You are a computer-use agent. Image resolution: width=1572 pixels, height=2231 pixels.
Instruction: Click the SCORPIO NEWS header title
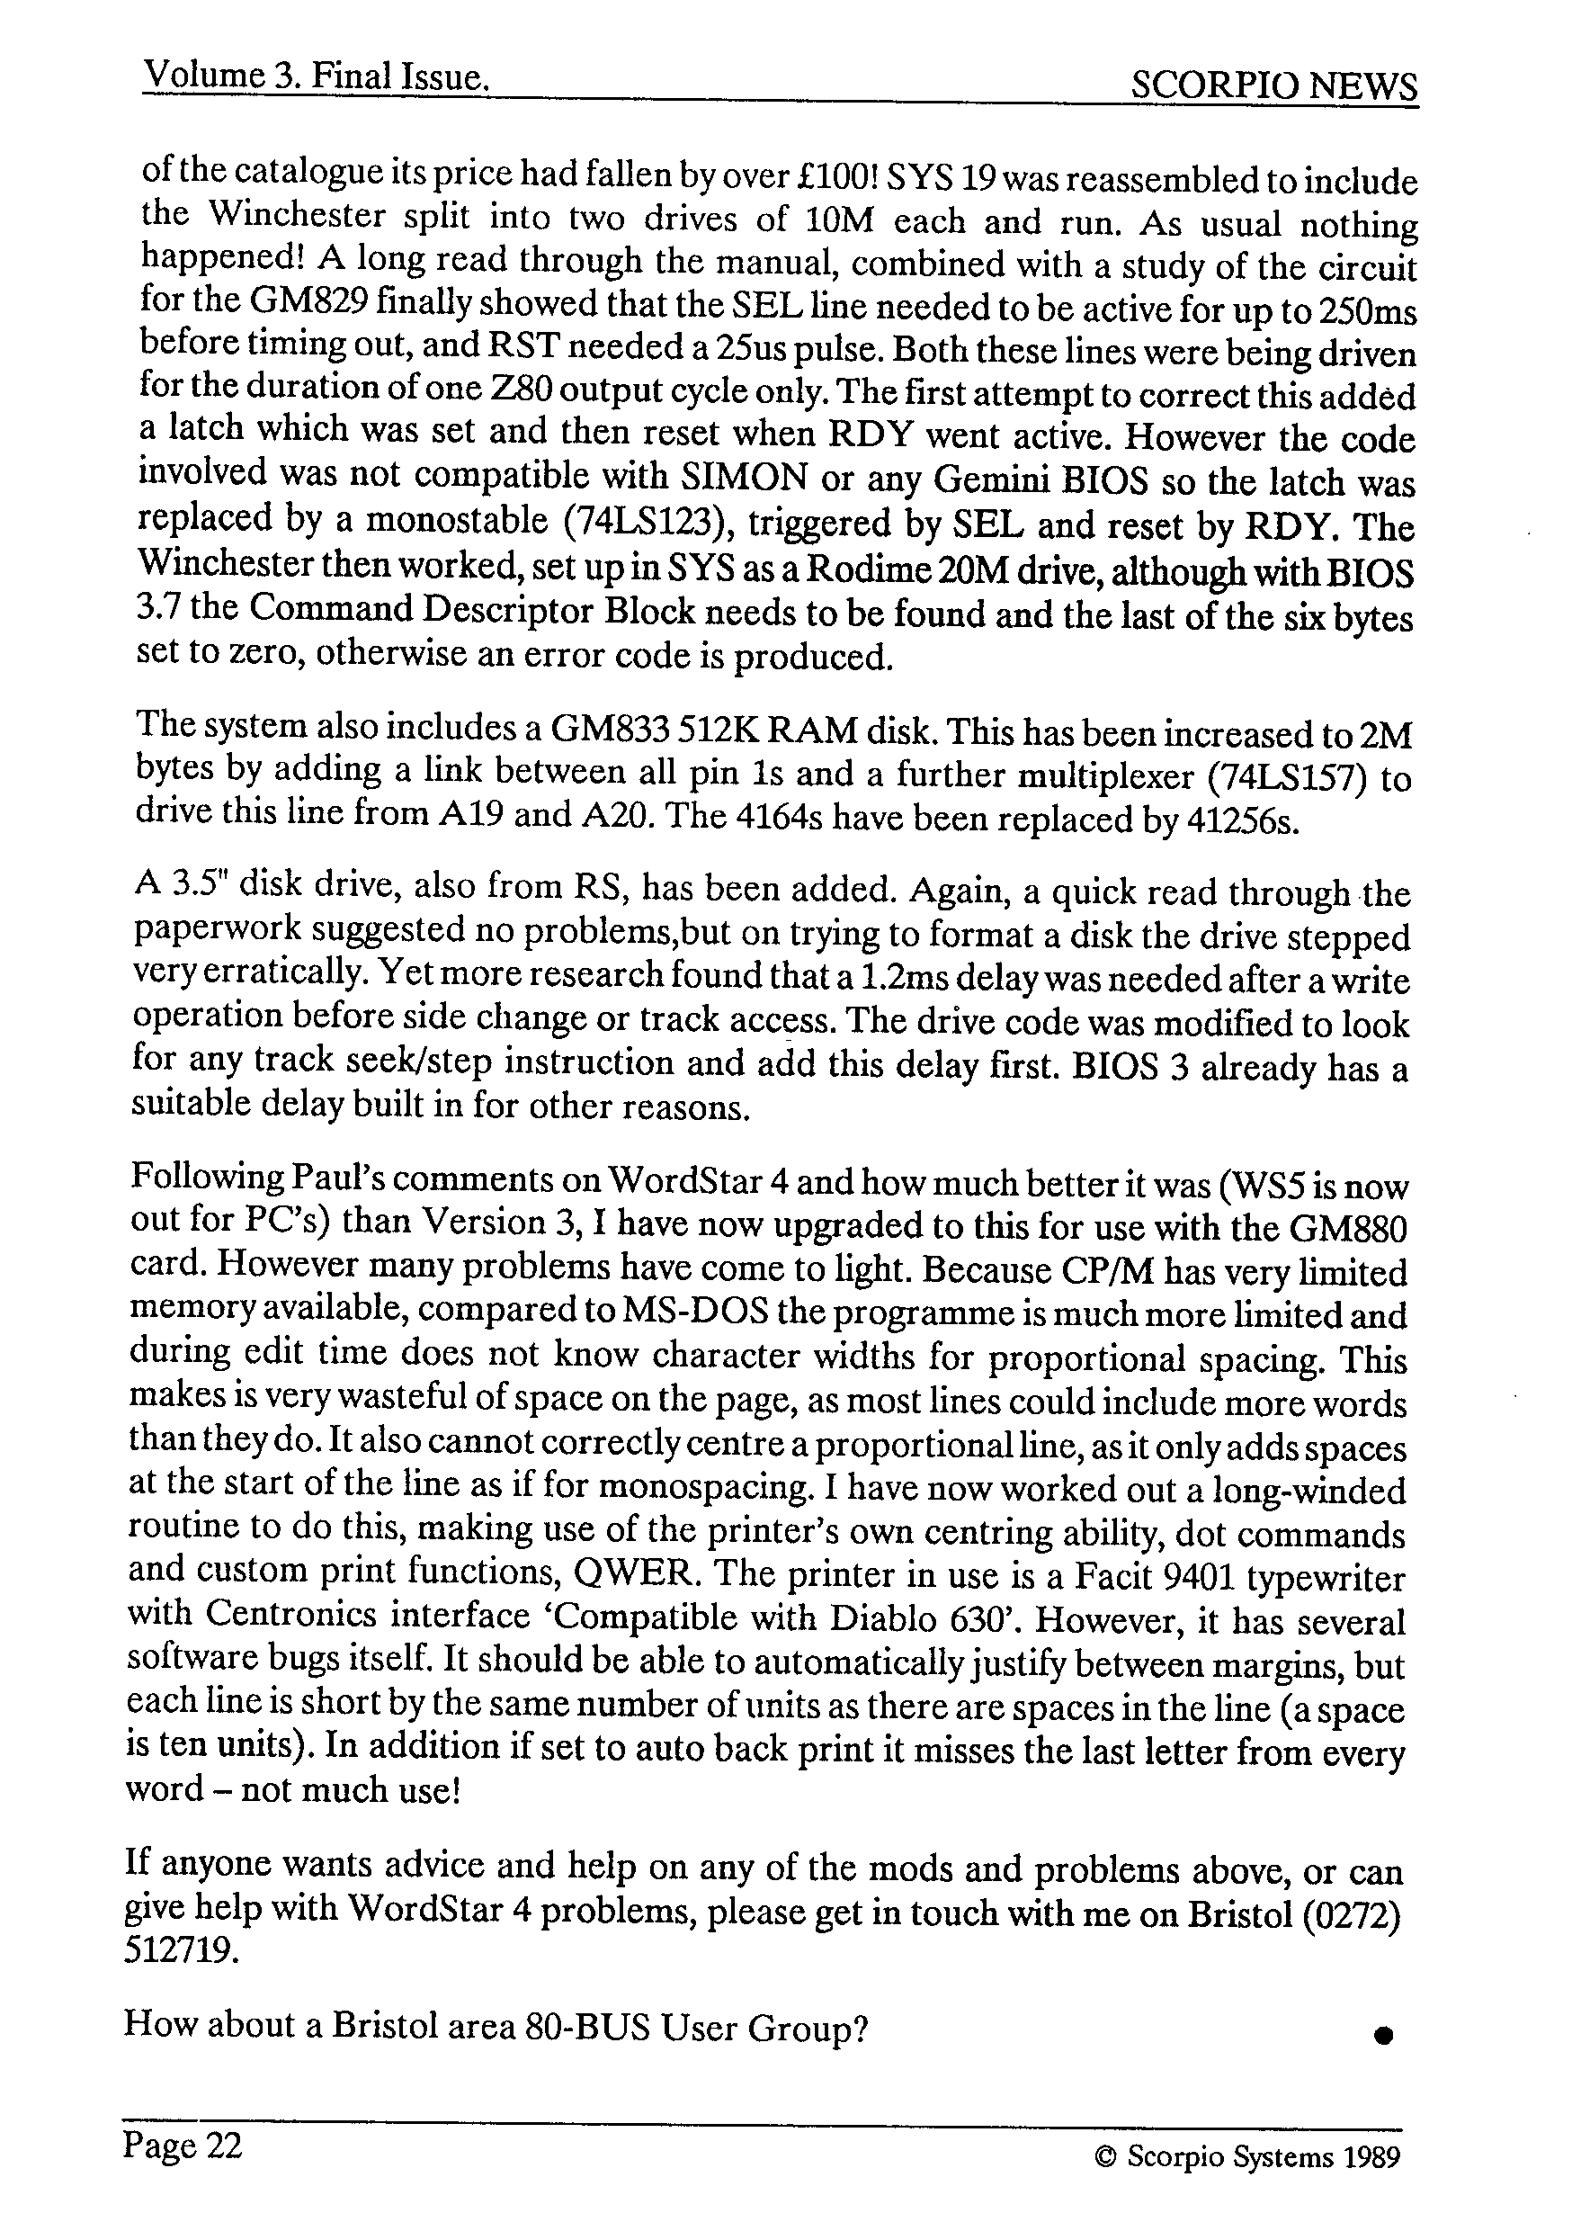[x=1273, y=87]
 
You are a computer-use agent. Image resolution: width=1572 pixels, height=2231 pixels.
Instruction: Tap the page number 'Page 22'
[x=183, y=2145]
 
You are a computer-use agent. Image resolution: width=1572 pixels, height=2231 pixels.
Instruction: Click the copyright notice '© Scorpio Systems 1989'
[x=1247, y=2157]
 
